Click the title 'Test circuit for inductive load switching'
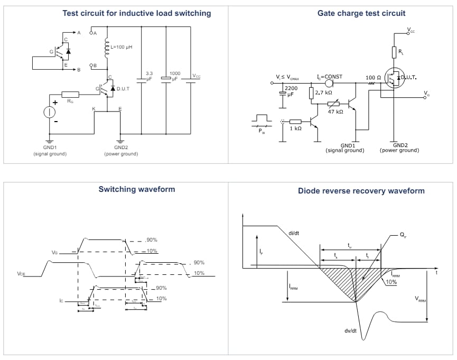136,13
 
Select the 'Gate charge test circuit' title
354,13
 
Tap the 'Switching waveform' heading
136,189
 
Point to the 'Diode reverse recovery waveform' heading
361,191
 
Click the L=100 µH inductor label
121,47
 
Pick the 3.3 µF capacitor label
148,76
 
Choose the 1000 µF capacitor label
174,76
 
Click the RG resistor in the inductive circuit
70,95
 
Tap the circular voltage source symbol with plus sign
50,112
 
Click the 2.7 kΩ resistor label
323,93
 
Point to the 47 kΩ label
335,112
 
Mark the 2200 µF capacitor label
291,91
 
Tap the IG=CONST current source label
329,77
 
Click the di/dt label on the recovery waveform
294,233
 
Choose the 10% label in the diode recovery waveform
391,282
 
